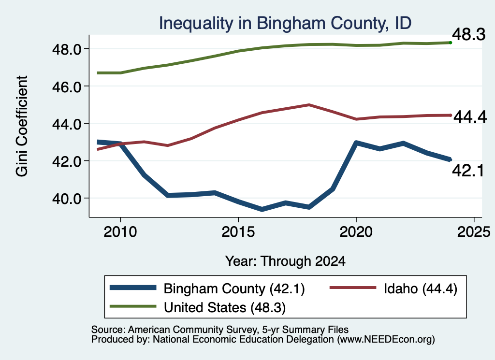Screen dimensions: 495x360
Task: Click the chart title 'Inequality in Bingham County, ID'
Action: coord(285,23)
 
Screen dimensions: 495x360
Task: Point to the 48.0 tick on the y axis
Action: coord(67,49)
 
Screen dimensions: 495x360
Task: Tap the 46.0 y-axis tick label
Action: coord(67,86)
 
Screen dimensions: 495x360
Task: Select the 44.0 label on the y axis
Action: coord(67,124)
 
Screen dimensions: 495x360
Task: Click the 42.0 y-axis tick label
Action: coord(67,161)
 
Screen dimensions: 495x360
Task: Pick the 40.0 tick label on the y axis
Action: coord(67,199)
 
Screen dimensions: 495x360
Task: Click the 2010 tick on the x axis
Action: coord(120,232)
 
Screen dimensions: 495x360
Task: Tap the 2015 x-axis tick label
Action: coord(238,232)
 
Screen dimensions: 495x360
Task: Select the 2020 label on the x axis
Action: coord(356,232)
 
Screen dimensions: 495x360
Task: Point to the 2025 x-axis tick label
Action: coord(474,232)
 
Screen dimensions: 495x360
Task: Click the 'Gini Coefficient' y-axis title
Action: coord(22,126)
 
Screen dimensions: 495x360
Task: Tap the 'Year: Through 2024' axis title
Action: coord(285,261)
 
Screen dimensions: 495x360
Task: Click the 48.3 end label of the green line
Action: coord(469,34)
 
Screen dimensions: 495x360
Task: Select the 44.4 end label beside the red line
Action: coord(470,117)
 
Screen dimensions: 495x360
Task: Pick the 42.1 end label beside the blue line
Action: coord(468,171)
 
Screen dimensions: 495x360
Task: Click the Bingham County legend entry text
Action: coord(234,288)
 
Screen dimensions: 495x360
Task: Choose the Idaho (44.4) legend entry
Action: coord(421,288)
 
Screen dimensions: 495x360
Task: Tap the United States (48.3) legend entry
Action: coord(225,307)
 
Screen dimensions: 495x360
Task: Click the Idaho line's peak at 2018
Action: coord(309,105)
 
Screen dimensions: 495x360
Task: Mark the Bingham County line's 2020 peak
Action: coord(356,143)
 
